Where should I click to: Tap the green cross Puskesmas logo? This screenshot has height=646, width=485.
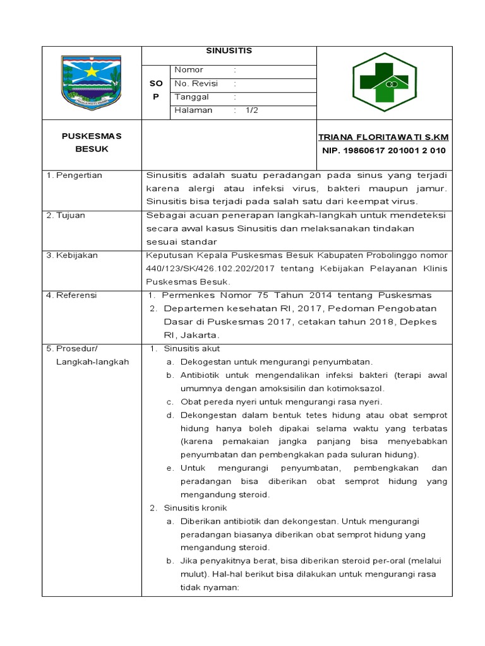click(384, 82)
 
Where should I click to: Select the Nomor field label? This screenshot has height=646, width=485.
click(189, 70)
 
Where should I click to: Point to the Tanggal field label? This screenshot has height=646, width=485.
click(191, 97)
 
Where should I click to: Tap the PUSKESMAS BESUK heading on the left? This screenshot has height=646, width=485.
click(92, 143)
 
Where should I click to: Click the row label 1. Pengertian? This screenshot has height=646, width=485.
click(75, 175)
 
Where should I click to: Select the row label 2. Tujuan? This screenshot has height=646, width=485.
click(66, 215)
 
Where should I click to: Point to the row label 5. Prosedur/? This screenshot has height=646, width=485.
click(73, 348)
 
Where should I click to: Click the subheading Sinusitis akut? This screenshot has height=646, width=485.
click(191, 348)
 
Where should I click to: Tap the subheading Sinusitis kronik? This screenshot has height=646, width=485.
click(195, 507)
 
